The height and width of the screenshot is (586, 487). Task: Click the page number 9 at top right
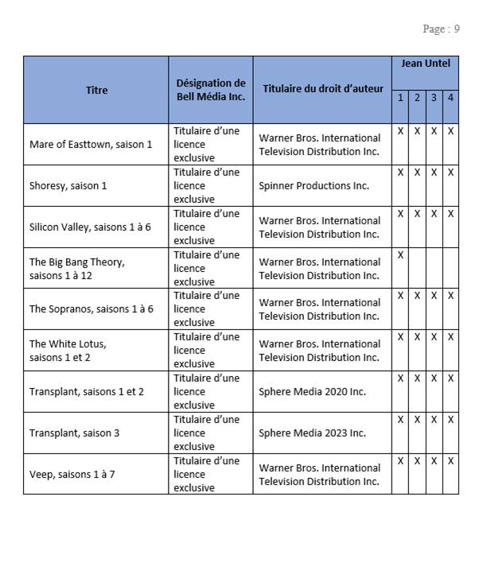[x=457, y=29]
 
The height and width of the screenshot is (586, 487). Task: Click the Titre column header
[x=96, y=90]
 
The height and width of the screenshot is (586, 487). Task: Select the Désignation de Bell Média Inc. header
[x=210, y=90]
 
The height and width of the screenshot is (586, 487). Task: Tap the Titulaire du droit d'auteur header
[x=322, y=90]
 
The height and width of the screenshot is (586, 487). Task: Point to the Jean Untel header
[x=425, y=63]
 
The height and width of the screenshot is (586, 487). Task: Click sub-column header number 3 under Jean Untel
[x=434, y=98]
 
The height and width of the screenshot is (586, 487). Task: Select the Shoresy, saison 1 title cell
[x=68, y=186]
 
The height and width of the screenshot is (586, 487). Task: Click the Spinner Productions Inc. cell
[x=314, y=186]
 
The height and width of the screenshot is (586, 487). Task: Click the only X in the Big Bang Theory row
[x=400, y=254]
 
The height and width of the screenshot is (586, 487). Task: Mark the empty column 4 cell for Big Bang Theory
[x=450, y=268]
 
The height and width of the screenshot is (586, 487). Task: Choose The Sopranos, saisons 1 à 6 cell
[x=91, y=309]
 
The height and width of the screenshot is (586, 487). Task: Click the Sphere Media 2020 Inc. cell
[x=312, y=392]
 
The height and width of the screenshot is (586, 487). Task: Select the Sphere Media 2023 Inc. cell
[x=312, y=433]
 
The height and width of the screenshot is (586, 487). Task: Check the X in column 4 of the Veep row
[x=450, y=461]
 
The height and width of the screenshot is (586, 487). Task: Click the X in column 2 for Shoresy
[x=417, y=172]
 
